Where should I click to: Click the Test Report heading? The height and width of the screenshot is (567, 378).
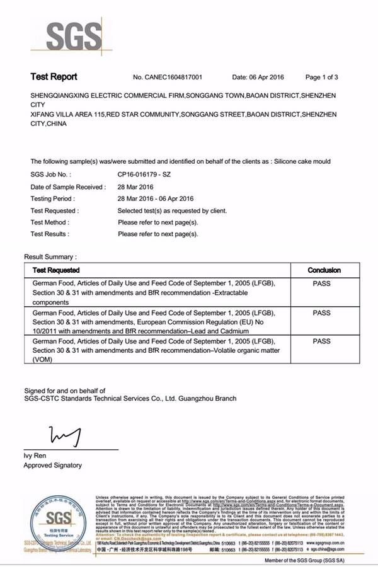click(x=54, y=77)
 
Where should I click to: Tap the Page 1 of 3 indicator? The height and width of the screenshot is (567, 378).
click(x=322, y=77)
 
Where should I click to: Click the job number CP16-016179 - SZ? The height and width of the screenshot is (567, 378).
click(x=144, y=174)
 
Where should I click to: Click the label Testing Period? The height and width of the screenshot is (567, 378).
click(x=54, y=198)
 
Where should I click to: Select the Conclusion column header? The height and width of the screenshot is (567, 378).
click(x=324, y=270)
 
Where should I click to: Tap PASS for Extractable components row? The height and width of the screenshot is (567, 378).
click(x=321, y=283)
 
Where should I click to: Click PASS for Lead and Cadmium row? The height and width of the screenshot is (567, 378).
click(x=321, y=312)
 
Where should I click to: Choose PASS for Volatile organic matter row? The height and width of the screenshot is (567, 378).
click(x=321, y=341)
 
